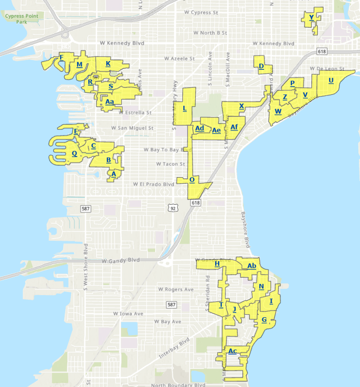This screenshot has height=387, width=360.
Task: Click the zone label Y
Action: (311, 18)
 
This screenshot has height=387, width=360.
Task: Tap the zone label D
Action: (261, 67)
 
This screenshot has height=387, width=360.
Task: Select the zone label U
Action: (331, 81)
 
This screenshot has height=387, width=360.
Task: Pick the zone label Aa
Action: (109, 102)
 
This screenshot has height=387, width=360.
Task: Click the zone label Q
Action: (74, 153)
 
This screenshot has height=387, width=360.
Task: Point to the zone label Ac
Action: (233, 352)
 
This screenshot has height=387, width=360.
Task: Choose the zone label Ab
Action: (252, 266)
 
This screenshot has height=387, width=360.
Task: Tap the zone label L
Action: (184, 108)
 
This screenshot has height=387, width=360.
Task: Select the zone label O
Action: (192, 180)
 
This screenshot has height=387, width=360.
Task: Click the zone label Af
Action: (234, 127)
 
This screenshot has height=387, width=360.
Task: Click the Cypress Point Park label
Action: (22, 19)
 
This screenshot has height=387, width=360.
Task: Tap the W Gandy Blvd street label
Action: (121, 261)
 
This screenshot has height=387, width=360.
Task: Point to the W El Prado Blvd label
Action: (154, 184)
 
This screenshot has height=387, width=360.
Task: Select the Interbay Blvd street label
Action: (174, 349)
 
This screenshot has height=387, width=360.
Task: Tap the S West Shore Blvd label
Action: (86, 267)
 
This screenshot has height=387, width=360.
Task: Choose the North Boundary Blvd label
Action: (178, 384)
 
